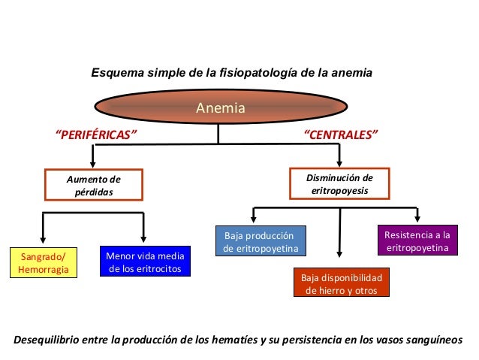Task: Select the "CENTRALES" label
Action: coord(339,135)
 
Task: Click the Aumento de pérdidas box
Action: coord(94,186)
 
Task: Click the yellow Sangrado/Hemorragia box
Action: coord(43,263)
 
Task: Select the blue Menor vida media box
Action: coord(145,262)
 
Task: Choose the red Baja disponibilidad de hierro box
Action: coord(341,284)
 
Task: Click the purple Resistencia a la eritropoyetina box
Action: coord(417,241)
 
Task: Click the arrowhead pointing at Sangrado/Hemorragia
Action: coord(43,241)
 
